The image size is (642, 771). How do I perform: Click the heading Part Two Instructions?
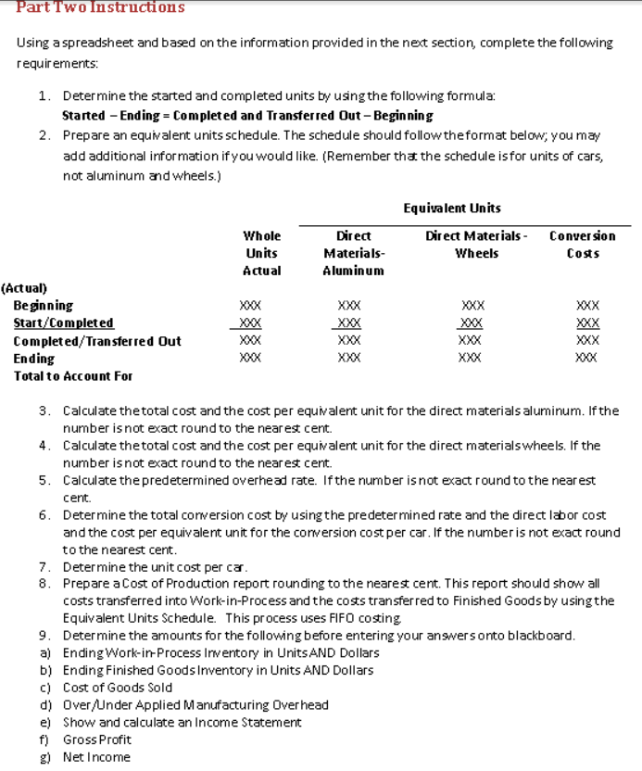pos(100,7)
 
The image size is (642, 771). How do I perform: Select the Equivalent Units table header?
pos(452,208)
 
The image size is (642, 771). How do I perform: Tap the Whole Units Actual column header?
pos(261,253)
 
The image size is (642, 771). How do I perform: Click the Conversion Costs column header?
pos(582,245)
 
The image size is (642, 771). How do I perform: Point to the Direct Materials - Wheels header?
pos(476,245)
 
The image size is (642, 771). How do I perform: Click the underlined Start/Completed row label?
pos(64,322)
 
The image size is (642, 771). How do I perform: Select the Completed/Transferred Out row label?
pos(97,340)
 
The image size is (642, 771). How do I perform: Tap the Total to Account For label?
pos(73,375)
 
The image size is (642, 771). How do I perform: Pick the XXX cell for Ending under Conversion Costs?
pos(587,358)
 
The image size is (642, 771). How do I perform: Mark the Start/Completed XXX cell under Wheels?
pos(472,323)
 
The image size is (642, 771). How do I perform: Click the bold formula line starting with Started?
pos(246,116)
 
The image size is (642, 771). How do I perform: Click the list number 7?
pos(44,566)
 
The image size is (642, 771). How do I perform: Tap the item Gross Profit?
pos(96,739)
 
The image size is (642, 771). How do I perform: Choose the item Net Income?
pos(96,757)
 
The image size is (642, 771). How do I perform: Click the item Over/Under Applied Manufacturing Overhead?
pos(195,705)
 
